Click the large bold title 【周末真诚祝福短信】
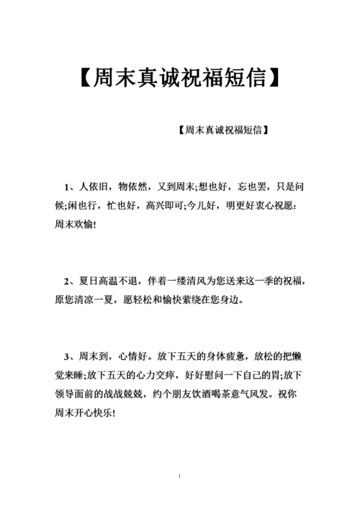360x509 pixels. (x=180, y=78)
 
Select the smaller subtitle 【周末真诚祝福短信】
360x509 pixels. (x=222, y=130)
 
